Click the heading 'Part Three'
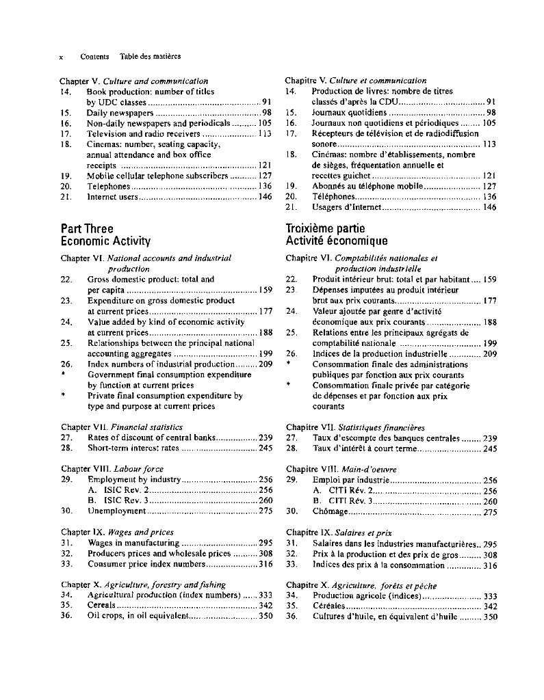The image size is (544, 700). coord(87,229)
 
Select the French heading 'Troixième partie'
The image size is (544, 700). coord(325,229)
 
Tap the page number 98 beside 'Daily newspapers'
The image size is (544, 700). coord(267,113)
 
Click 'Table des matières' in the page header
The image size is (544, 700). coord(150,56)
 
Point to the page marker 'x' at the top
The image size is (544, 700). coord(62,56)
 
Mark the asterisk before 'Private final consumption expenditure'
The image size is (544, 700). coord(64,396)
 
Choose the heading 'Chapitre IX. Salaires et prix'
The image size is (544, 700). coord(339,532)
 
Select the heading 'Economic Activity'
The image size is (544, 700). coord(105,241)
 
